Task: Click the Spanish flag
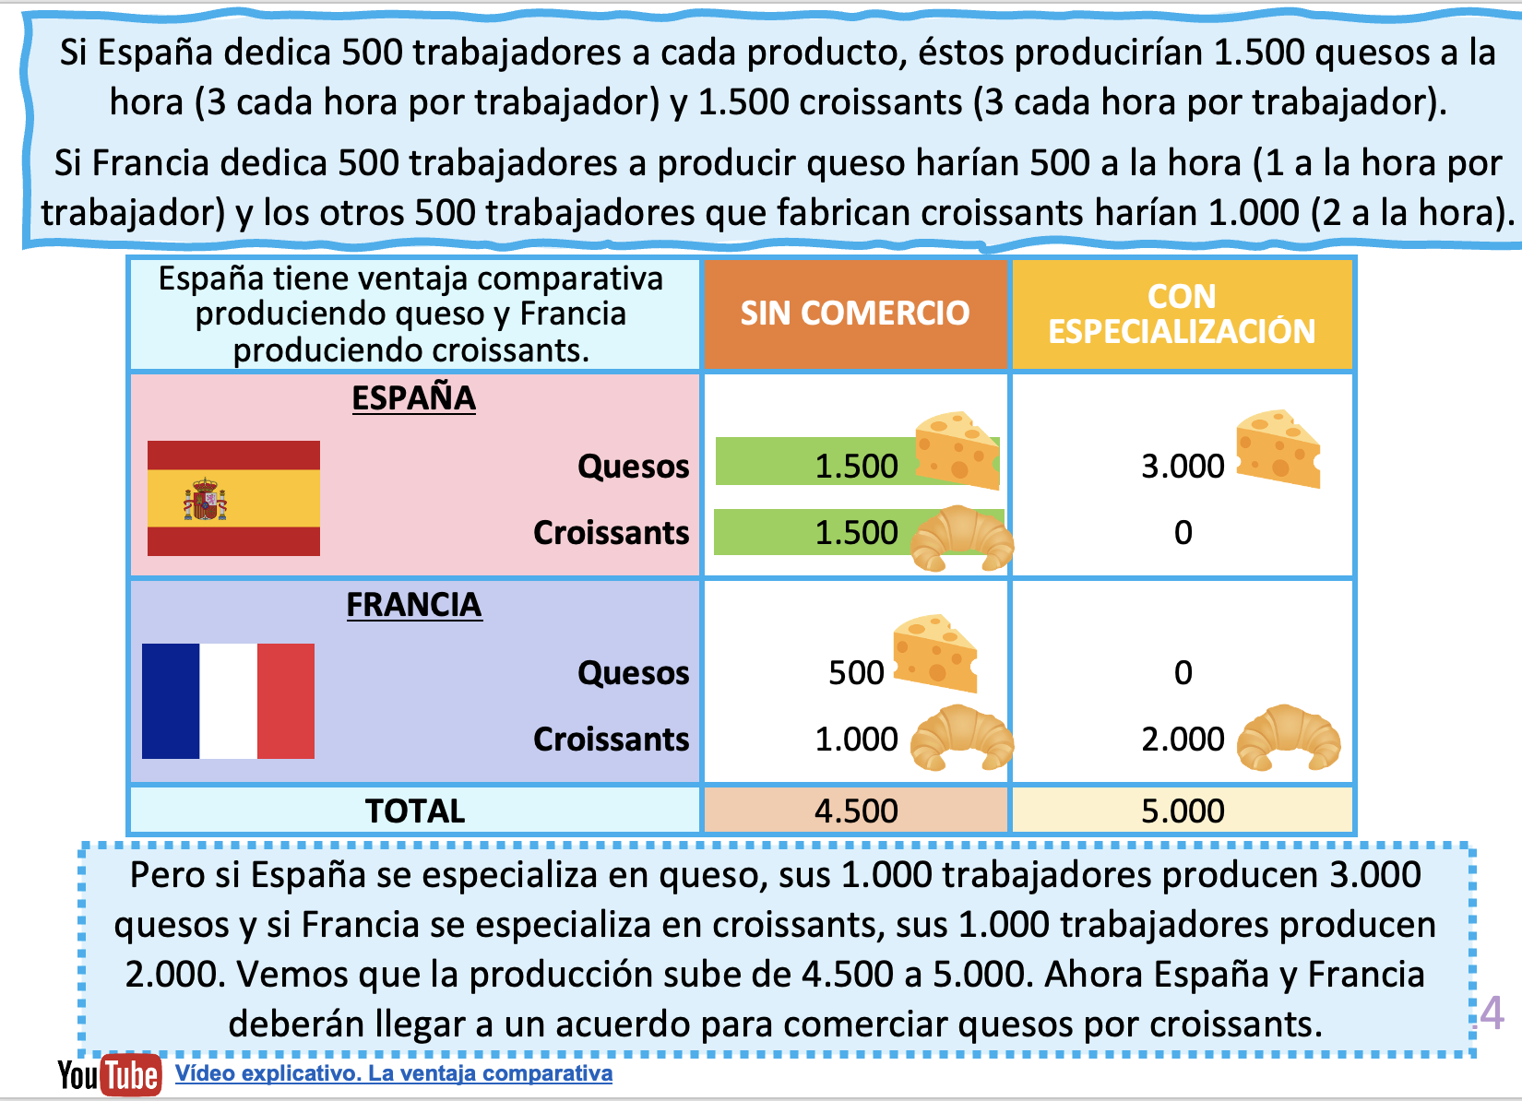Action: click(x=233, y=498)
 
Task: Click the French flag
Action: click(x=228, y=701)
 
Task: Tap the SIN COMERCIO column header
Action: click(x=854, y=314)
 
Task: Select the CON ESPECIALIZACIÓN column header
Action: click(x=1182, y=314)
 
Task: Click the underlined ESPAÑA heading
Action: click(x=414, y=398)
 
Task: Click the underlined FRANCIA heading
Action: click(x=414, y=605)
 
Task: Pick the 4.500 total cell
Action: click(x=856, y=811)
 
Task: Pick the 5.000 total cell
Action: click(x=1183, y=811)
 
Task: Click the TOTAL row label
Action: click(x=415, y=811)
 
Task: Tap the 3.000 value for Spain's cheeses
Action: click(x=1183, y=467)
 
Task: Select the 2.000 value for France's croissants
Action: click(x=1183, y=740)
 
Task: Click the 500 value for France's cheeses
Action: click(x=856, y=673)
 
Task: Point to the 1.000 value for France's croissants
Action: click(x=856, y=740)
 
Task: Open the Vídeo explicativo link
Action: click(x=394, y=1073)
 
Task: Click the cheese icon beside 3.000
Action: click(x=1278, y=448)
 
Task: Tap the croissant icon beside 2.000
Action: click(x=1288, y=737)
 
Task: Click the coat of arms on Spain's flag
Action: click(x=205, y=500)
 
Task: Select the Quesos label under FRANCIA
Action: click(x=633, y=673)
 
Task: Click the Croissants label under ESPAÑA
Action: click(x=611, y=533)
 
